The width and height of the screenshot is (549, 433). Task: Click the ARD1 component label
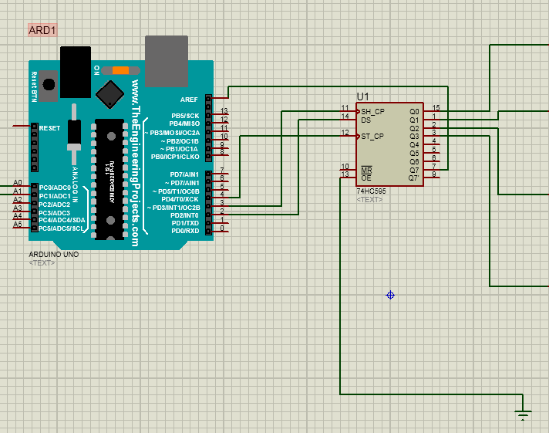42,30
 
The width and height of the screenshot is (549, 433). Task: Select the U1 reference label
363,96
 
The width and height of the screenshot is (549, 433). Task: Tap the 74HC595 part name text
371,191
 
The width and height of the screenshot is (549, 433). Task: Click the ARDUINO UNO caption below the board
53,254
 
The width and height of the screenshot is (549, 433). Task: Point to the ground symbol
524,416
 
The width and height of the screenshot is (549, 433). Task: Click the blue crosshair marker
391,295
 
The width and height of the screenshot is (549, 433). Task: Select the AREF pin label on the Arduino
189,99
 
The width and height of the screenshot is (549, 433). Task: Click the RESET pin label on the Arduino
50,128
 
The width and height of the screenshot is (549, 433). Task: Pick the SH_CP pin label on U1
373,111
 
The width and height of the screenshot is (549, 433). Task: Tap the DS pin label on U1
366,120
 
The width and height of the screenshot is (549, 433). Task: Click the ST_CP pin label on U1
373,137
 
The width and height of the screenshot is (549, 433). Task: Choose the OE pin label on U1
366,178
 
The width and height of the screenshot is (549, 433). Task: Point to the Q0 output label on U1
414,112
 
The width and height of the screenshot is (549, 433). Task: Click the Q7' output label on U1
414,178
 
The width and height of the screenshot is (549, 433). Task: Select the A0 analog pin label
17,183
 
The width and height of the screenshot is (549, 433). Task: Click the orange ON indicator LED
120,70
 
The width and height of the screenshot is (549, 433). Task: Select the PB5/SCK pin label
186,115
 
